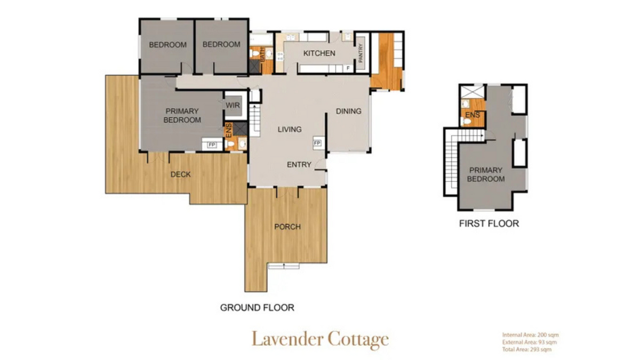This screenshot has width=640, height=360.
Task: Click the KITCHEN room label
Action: click(x=319, y=53)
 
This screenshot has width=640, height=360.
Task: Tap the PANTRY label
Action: click(x=361, y=54)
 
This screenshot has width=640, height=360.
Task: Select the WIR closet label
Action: click(x=233, y=105)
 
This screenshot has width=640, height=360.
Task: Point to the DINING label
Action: click(x=348, y=111)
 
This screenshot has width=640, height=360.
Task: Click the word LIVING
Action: click(x=290, y=129)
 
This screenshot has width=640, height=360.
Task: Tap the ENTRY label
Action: click(x=299, y=165)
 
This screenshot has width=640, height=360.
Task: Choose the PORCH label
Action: click(x=287, y=227)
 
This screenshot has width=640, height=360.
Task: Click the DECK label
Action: click(x=180, y=174)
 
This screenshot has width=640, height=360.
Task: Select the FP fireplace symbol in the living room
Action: click(x=317, y=143)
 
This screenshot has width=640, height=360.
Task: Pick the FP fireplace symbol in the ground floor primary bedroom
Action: click(x=211, y=144)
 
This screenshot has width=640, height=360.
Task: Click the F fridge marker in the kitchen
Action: click(x=348, y=68)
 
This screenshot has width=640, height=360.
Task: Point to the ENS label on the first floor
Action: click(x=472, y=115)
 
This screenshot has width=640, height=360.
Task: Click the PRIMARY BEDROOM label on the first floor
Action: click(x=485, y=174)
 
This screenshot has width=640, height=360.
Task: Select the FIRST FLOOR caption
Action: click(x=489, y=223)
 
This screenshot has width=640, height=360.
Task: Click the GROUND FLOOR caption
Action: click(x=257, y=308)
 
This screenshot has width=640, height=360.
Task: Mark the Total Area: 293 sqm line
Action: click(x=526, y=349)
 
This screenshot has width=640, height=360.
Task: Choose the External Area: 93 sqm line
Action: click(x=529, y=342)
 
